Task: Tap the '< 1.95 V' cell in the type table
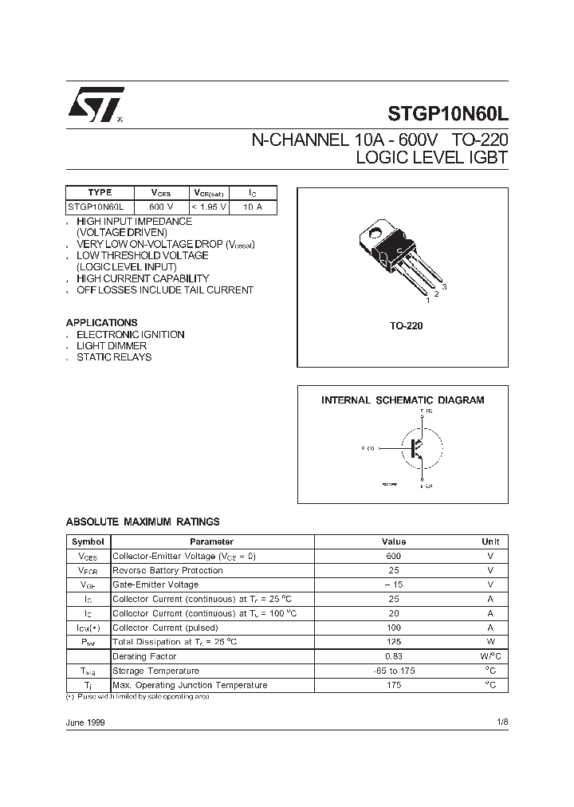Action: tap(210, 207)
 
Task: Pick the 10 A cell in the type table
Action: tap(253, 207)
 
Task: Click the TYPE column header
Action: tap(100, 192)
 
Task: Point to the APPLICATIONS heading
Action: tap(101, 323)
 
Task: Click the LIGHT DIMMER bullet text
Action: tap(112, 346)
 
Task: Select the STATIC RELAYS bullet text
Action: tap(114, 357)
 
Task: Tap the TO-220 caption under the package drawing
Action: tap(402, 326)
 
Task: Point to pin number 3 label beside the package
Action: tap(443, 285)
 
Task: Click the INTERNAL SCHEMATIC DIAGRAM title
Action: tap(402, 400)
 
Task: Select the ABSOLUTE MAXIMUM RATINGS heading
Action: tap(142, 522)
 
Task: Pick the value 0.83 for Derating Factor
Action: tap(393, 656)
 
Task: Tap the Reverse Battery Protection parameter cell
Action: tap(168, 570)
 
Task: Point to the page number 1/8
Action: tap(501, 722)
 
